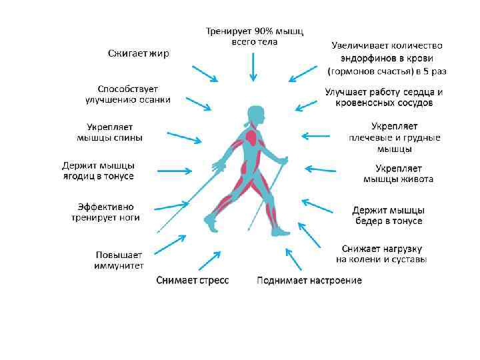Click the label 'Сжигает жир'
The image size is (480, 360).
(139, 53)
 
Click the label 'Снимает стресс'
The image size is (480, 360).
(193, 280)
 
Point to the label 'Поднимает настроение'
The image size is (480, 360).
(309, 280)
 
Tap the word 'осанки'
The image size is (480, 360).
(154, 99)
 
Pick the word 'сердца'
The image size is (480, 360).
(421, 92)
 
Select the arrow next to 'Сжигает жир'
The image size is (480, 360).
(204, 73)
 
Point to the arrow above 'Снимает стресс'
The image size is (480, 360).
(211, 259)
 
